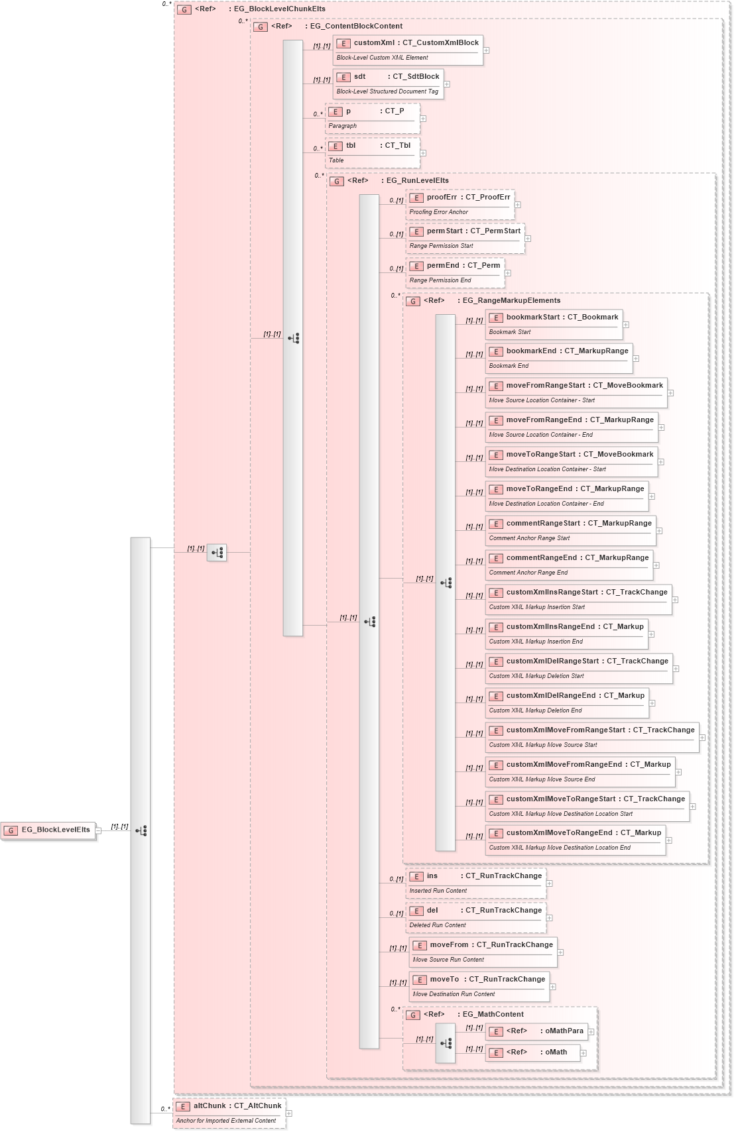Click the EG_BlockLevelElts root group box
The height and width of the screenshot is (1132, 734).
coord(48,830)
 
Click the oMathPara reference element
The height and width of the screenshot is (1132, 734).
coord(536,1031)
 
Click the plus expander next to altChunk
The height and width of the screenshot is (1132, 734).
coord(289,1113)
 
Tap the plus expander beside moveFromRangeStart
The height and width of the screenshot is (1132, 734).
coord(671,393)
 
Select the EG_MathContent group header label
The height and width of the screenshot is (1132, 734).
coord(493,1015)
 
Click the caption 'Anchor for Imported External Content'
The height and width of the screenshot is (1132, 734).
coord(226,1121)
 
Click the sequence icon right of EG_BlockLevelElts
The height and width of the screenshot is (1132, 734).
coord(141,830)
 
